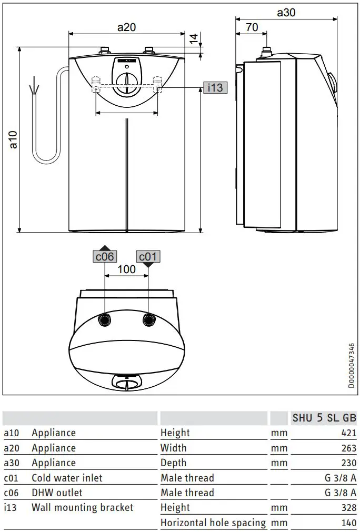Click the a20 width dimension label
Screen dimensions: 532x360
click(x=126, y=27)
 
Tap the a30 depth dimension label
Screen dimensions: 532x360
click(x=286, y=13)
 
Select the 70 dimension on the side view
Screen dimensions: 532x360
click(x=252, y=27)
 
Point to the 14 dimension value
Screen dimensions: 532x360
click(x=193, y=38)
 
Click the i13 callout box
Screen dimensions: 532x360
click(x=215, y=87)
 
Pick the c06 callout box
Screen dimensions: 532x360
click(x=104, y=256)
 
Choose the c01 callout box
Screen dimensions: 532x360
click(x=148, y=256)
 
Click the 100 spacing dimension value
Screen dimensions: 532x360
click(x=126, y=269)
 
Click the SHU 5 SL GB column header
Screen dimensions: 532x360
click(x=324, y=418)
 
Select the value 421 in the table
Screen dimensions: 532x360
click(x=348, y=433)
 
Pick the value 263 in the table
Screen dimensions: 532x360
click(x=348, y=448)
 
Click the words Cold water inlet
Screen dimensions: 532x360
click(x=67, y=478)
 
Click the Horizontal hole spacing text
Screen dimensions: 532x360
click(x=213, y=523)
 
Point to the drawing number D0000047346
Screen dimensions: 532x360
click(x=351, y=366)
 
